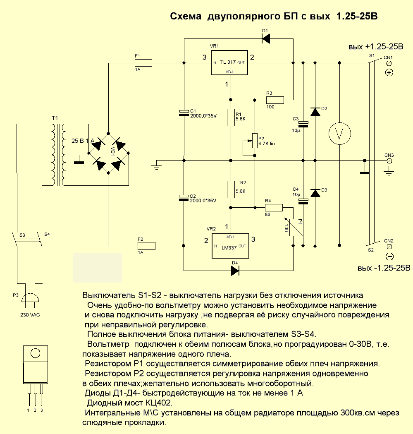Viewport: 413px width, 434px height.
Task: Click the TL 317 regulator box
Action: tap(229, 63)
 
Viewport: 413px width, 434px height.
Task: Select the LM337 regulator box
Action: tap(229, 246)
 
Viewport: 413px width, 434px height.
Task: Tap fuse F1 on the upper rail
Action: tap(143, 63)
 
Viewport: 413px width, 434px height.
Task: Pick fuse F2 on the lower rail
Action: tap(146, 246)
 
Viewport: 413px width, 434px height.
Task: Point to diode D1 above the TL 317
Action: tap(265, 39)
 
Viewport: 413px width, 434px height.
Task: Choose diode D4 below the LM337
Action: tap(235, 271)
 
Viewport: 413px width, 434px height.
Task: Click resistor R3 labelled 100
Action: tap(275, 100)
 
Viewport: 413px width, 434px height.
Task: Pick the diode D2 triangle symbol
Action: tap(315, 111)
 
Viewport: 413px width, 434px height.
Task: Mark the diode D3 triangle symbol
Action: tap(315, 193)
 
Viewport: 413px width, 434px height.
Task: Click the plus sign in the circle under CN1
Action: tap(389, 73)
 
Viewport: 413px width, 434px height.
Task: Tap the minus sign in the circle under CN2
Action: tap(389, 256)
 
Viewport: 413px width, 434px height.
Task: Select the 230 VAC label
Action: tap(30, 314)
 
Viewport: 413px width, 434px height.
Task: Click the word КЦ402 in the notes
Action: tap(157, 403)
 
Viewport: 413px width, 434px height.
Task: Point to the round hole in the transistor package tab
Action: tap(35, 353)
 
